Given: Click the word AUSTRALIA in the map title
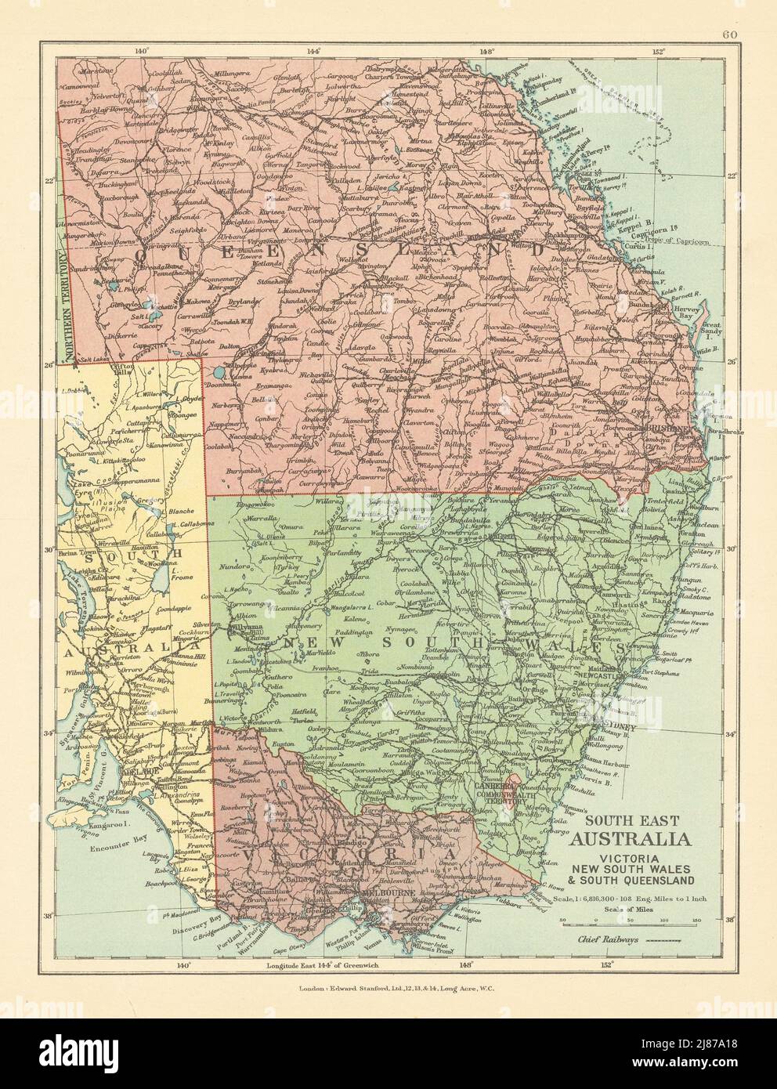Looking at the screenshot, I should coord(634,839).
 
